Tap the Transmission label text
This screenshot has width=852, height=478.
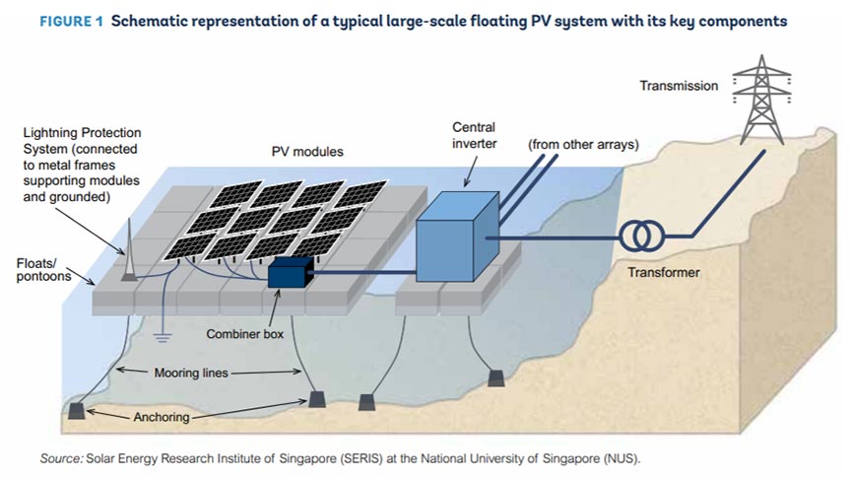(x=679, y=86)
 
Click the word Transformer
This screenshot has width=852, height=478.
(x=663, y=272)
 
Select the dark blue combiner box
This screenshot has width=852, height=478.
(x=290, y=272)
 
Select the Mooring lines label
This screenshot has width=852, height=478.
(x=194, y=373)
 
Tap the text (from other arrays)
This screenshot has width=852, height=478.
(x=584, y=145)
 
